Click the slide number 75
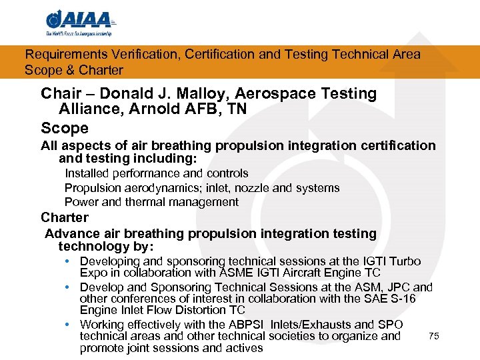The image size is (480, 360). pyautogui.click(x=434, y=337)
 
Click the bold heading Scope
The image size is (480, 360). pyautogui.click(x=65, y=127)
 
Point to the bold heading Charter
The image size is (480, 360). pyautogui.click(x=65, y=217)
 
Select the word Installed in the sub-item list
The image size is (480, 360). pyautogui.click(x=85, y=173)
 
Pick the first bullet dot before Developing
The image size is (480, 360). pyautogui.click(x=69, y=261)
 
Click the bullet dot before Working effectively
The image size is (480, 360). pyautogui.click(x=69, y=325)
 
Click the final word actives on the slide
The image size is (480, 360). pyautogui.click(x=244, y=348)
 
